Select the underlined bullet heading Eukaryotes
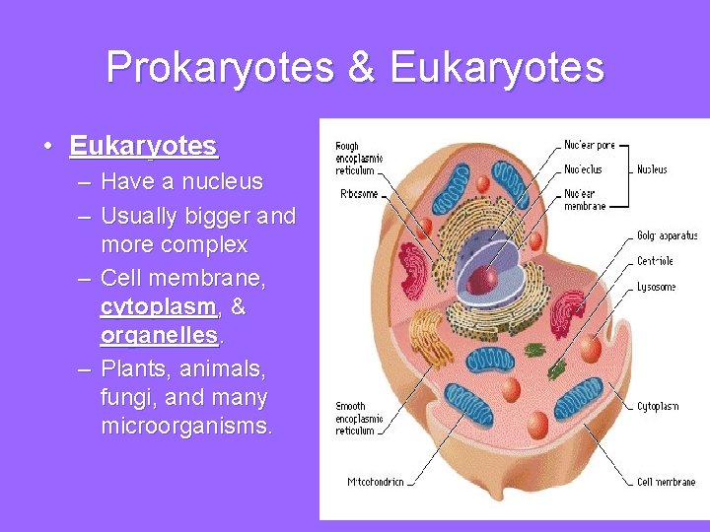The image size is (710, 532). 143,147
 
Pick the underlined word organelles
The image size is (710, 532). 160,335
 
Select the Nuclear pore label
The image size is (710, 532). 589,145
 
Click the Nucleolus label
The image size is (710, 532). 582,169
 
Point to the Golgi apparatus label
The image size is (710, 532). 667,235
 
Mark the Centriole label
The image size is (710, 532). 656,261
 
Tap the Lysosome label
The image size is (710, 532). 656,287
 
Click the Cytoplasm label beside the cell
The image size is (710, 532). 658,406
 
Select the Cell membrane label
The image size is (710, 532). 666,482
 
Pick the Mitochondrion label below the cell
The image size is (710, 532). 376,482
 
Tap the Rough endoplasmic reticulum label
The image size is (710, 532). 359,158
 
